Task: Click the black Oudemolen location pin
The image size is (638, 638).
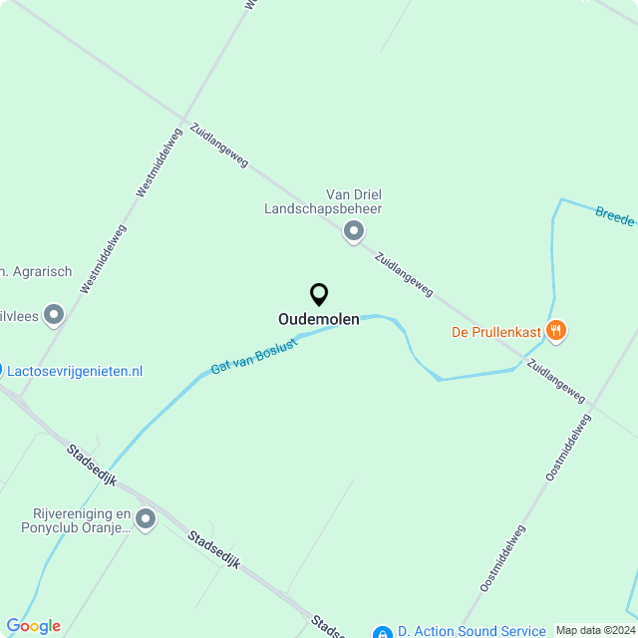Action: point(319,294)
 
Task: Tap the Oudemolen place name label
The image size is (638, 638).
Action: point(319,320)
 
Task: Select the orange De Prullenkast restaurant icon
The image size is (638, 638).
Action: point(556,330)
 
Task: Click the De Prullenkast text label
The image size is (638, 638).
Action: point(495,331)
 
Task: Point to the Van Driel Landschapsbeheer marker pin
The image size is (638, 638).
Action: point(353,231)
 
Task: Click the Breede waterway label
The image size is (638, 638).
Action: point(615,216)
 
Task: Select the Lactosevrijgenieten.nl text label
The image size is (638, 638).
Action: point(76,371)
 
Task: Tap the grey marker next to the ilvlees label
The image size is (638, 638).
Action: point(54,315)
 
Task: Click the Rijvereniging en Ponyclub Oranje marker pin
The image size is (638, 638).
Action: point(147,518)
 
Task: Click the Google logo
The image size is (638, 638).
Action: point(33,626)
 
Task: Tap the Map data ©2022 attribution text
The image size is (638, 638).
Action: point(595,630)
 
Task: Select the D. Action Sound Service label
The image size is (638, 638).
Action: point(472,631)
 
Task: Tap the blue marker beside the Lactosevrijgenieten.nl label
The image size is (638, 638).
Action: point(1,371)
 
